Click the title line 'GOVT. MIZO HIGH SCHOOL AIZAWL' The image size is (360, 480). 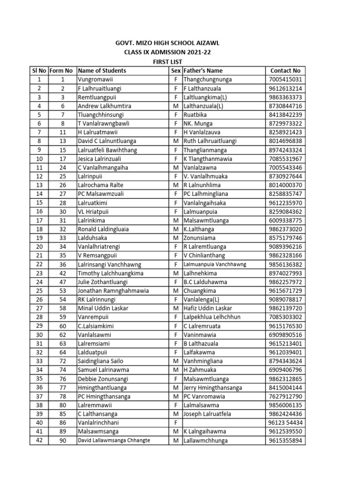pos(167,43)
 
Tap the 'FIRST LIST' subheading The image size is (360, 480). pos(167,62)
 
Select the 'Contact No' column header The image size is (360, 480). pos(285,70)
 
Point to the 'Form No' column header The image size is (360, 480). pos(61,70)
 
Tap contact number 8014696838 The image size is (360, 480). pos(285,141)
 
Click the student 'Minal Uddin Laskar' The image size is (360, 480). pos(103,308)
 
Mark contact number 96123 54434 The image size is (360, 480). pos(285,423)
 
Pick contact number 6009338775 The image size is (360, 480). pos(285,220)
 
